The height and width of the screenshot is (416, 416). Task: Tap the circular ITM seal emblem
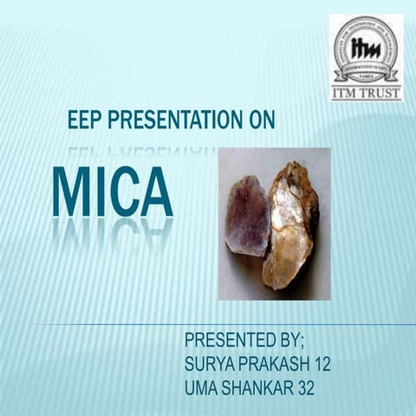(366, 49)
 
